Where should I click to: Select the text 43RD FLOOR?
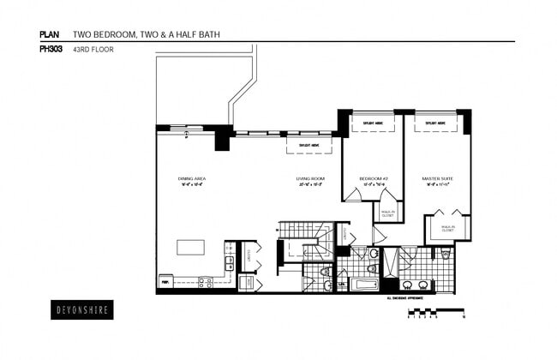[x=93, y=49]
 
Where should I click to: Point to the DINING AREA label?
[x=192, y=179]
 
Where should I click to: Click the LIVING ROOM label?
[x=308, y=179]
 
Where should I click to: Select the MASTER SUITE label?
[x=437, y=179]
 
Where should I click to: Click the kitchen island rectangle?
[x=191, y=247]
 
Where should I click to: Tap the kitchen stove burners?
[x=206, y=280]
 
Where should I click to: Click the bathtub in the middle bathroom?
[x=363, y=282]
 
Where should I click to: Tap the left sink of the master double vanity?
[x=408, y=285]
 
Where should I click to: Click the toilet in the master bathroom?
[x=446, y=255]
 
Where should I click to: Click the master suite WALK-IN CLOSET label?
[x=447, y=229]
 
